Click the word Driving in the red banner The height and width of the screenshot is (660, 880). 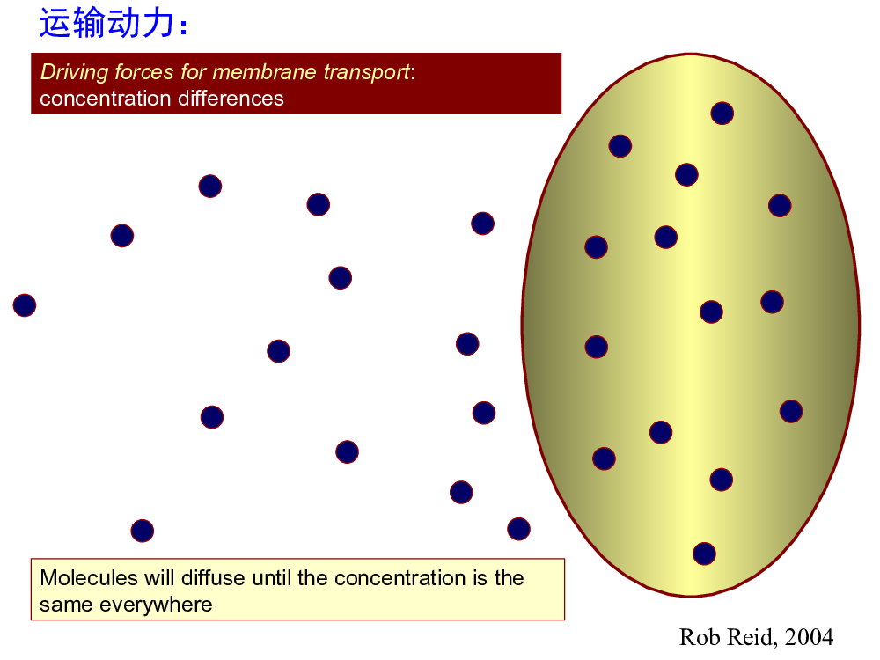pyautogui.click(x=75, y=72)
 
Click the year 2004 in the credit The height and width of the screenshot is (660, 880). pyautogui.click(x=809, y=637)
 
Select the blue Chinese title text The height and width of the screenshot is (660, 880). pyautogui.click(x=113, y=23)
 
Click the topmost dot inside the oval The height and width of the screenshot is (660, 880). pyautogui.click(x=722, y=114)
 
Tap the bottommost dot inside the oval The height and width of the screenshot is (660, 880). pyautogui.click(x=704, y=554)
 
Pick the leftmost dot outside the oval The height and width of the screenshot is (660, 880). pyautogui.click(x=25, y=305)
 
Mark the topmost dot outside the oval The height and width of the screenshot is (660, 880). pyautogui.click(x=210, y=187)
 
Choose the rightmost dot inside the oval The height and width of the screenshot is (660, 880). pyautogui.click(x=791, y=411)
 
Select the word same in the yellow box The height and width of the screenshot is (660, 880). pyautogui.click(x=66, y=605)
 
